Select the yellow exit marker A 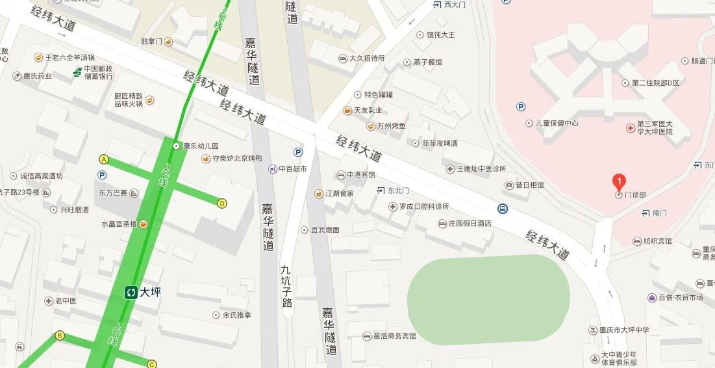(103, 159)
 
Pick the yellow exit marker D (222, 204)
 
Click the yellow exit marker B (60, 335)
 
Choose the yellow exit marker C (152, 364)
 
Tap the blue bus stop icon (503, 209)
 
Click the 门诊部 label (635, 194)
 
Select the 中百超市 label (293, 169)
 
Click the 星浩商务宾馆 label (394, 336)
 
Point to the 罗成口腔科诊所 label (424, 207)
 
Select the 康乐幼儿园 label (201, 146)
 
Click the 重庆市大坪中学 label (625, 330)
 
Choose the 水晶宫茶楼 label (118, 224)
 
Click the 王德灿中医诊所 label (481, 169)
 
